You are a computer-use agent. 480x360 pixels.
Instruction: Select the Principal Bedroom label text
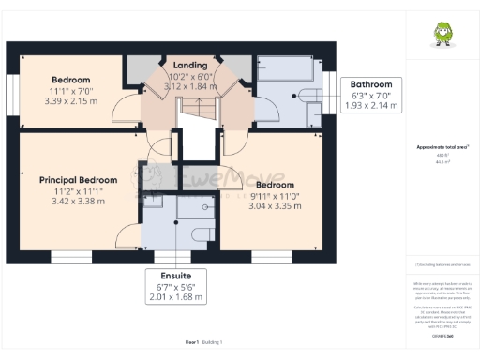78,180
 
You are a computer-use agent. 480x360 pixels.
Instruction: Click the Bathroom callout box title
371,84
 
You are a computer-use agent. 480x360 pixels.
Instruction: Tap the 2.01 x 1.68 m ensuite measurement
176,297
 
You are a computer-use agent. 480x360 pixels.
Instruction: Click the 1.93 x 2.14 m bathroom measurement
371,106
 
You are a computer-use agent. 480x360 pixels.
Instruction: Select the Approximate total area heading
438,147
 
